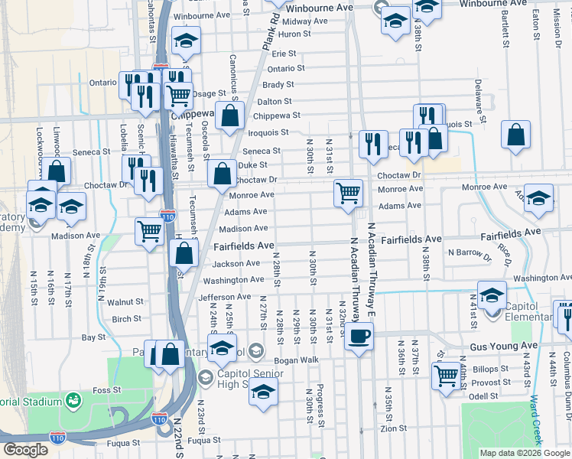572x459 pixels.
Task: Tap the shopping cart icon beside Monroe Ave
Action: [x=348, y=192]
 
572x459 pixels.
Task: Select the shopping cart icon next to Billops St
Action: [x=445, y=376]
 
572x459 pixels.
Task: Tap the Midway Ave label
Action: [x=305, y=21]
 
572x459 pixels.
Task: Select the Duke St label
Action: [x=252, y=164]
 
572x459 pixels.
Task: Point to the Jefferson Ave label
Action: [x=225, y=297]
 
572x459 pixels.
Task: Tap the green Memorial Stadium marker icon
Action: [x=74, y=399]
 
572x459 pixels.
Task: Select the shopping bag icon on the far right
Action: [x=516, y=134]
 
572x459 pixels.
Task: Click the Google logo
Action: [x=25, y=450]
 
